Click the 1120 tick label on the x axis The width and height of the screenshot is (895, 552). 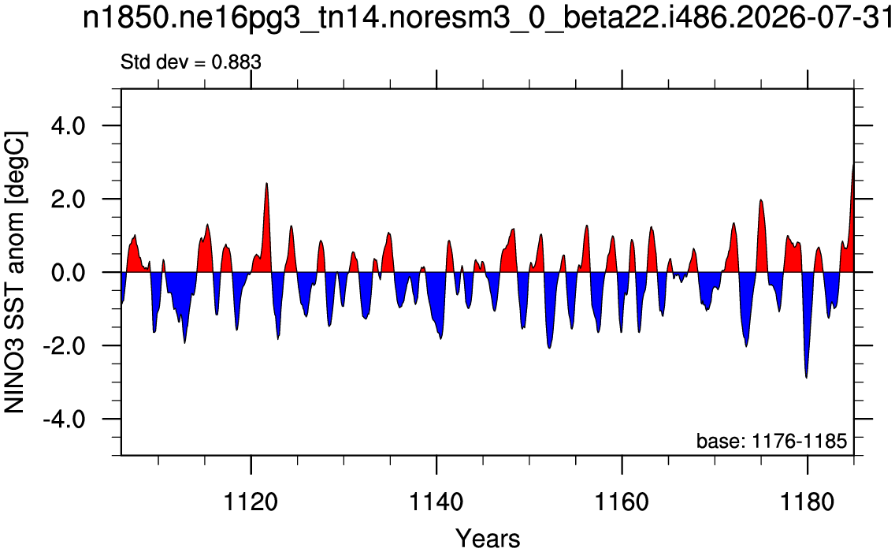pos(251,502)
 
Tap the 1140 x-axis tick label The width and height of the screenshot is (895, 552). pos(436,502)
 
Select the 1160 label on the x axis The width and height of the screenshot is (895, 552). pos(622,502)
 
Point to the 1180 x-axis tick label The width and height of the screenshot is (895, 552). pos(807,502)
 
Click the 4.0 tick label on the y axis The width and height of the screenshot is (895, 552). pos(68,125)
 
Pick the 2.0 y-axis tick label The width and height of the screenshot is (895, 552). pos(68,199)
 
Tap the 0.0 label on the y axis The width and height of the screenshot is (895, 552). pos(68,273)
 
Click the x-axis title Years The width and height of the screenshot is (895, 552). pos(488,539)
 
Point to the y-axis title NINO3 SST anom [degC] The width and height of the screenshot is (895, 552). pos(16,272)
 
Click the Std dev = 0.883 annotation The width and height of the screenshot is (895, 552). pos(191,62)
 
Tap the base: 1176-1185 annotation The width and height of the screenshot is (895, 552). pos(771,441)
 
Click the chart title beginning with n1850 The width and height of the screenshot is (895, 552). pos(487,19)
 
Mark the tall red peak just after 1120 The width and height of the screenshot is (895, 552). pos(266,184)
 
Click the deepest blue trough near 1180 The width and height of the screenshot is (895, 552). pos(807,377)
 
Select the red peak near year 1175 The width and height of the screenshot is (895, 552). pos(760,200)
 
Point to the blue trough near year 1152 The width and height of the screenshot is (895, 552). pos(549,347)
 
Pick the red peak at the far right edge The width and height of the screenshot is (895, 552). pos(852,165)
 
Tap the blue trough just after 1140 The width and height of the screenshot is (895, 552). pos(440,338)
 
